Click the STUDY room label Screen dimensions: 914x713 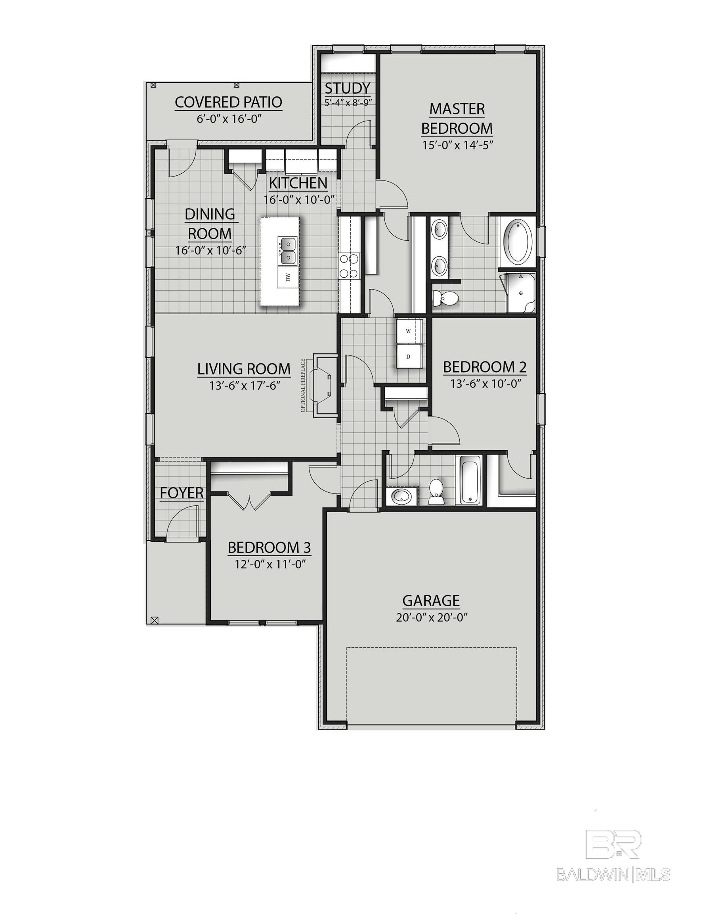coord(348,88)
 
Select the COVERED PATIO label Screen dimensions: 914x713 coord(228,102)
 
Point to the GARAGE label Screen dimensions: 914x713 coord(431,601)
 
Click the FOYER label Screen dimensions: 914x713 coord(182,493)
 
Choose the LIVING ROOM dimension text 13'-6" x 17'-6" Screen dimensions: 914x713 coord(244,386)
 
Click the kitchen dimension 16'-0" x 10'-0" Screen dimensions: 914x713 coord(299,199)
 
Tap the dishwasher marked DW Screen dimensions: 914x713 coord(288,277)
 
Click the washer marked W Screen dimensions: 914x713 coord(409,330)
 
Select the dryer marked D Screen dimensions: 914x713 coord(409,357)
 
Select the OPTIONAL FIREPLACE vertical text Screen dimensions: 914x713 coord(303,385)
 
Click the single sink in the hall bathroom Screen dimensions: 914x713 coord(401,496)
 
